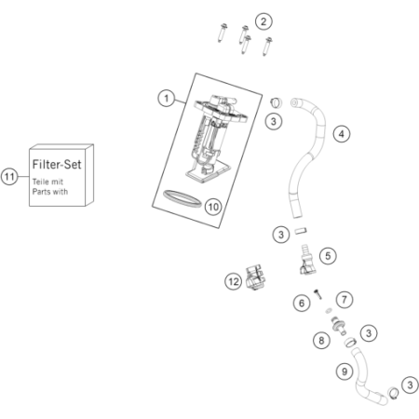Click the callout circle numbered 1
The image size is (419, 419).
[x=167, y=99]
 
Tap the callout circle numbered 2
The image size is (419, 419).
[x=264, y=21]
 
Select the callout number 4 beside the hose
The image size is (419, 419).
[x=342, y=134]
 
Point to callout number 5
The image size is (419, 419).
[x=328, y=256]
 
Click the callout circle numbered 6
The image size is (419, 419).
[x=302, y=303]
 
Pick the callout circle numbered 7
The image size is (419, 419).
[x=345, y=300]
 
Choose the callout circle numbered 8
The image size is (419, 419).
[x=321, y=341]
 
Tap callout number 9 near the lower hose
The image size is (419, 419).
[x=345, y=372]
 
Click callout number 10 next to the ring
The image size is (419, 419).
[x=213, y=207]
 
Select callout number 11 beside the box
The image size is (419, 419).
[x=9, y=177]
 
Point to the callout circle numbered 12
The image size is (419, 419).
[x=234, y=281]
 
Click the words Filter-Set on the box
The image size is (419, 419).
[x=57, y=164]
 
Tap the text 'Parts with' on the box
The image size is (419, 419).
[x=50, y=192]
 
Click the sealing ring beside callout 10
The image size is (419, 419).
[x=182, y=203]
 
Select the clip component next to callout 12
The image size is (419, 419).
[x=255, y=277]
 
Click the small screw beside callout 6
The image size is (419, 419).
[x=318, y=293]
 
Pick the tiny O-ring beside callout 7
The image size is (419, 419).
[x=329, y=310]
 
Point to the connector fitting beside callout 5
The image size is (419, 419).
[x=306, y=260]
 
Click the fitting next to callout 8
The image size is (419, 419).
[x=339, y=326]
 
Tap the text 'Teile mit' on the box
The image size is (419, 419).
[x=47, y=182]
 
